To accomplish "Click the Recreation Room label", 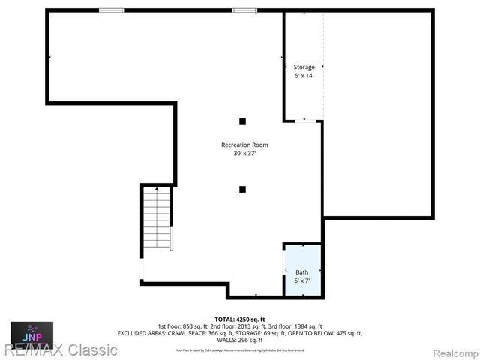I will coord(244,145).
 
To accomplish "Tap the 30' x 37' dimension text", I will coord(244,154).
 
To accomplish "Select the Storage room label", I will coord(304,67).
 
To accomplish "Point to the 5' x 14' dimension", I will coord(304,76).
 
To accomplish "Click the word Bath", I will coord(301,272).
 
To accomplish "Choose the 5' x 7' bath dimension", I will coord(301,280).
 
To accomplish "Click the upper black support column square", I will coord(242,121).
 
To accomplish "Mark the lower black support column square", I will coord(242,189).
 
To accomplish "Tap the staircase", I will coord(157,220).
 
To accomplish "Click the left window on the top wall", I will coord(112,10).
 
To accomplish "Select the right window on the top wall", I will coord(244,10).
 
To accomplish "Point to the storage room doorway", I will coord(304,120).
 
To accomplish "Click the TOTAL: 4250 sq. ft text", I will coord(240,319).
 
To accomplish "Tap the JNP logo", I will coord(31,331).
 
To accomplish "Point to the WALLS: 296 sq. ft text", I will coord(240,340).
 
